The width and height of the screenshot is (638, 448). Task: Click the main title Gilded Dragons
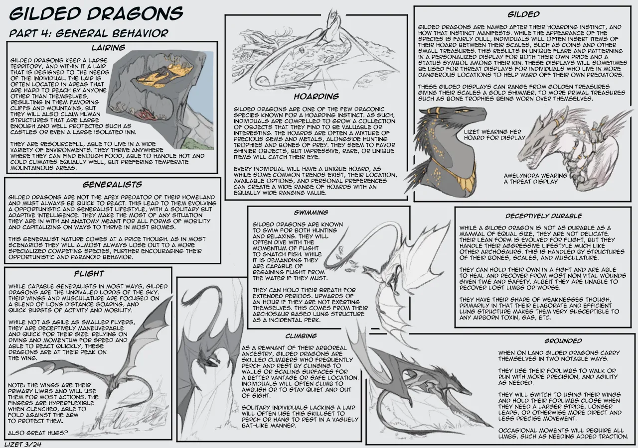(96, 13)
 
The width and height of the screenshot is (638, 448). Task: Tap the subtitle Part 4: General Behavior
(89, 33)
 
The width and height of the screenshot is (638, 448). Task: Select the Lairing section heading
(108, 47)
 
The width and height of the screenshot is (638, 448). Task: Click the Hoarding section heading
(317, 97)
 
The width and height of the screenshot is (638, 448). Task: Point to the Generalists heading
(112, 185)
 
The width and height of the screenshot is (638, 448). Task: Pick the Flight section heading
(89, 274)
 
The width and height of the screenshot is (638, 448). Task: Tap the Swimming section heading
(311, 213)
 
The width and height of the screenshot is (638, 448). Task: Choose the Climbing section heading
(301, 336)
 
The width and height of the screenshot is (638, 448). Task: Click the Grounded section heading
(563, 341)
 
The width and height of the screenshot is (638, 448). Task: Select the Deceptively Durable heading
(544, 216)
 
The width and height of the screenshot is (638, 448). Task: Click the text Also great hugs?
(38, 433)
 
